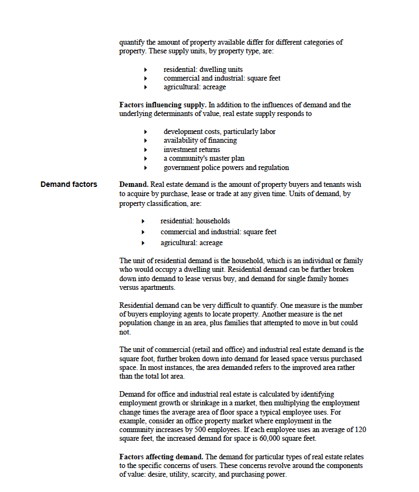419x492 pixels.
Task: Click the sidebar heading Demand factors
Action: click(x=69, y=184)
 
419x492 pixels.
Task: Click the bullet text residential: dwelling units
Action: click(x=203, y=69)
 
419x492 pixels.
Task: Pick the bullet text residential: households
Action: click(x=195, y=221)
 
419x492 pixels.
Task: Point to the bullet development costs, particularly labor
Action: click(x=219, y=131)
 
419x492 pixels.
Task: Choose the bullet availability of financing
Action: click(x=200, y=140)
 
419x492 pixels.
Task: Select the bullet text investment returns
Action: click(x=192, y=149)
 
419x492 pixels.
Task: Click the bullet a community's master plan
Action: click(x=204, y=158)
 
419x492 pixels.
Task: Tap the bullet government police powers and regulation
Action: click(x=226, y=167)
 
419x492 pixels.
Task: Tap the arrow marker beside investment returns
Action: click(x=146, y=150)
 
